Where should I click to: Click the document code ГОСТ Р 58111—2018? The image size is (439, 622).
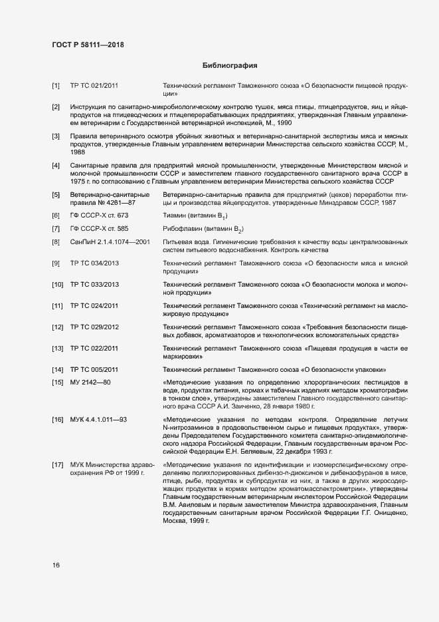(88, 45)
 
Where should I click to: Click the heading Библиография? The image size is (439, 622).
(229, 66)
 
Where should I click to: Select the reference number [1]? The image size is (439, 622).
(56, 86)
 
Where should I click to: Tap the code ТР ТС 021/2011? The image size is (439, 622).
(94, 86)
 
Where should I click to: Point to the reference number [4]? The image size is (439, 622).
(56, 164)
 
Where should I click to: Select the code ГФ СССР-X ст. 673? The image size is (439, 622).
(99, 216)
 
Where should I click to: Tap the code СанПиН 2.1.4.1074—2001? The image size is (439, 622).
(110, 242)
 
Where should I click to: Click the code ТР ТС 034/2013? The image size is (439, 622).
(94, 263)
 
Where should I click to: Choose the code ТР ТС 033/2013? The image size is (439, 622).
(94, 285)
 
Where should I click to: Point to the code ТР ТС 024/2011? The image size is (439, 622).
(94, 305)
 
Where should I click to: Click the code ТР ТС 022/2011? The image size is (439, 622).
(94, 348)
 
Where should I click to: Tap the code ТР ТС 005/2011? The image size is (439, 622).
(94, 369)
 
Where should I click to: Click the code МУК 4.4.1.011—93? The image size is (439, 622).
(98, 420)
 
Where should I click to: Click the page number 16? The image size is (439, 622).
(56, 565)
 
